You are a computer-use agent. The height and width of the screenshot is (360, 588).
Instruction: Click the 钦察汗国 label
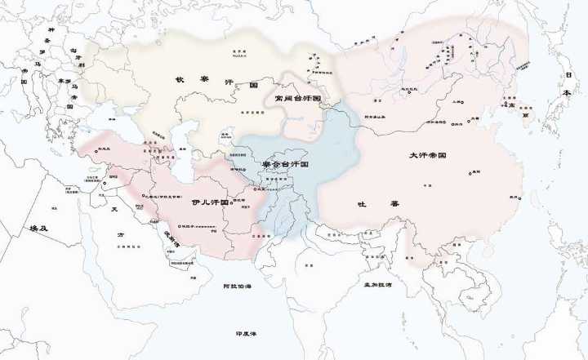pyautogui.click(x=216, y=83)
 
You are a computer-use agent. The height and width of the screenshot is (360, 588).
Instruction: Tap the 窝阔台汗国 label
pyautogui.click(x=297, y=97)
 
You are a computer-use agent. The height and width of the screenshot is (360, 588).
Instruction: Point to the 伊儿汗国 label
pyautogui.click(x=209, y=201)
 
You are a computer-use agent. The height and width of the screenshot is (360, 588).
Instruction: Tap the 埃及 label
pyautogui.click(x=38, y=229)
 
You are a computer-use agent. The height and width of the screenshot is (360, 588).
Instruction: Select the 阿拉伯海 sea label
pyautogui.click(x=237, y=287)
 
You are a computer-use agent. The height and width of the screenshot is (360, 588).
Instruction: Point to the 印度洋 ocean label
pyautogui.click(x=245, y=334)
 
